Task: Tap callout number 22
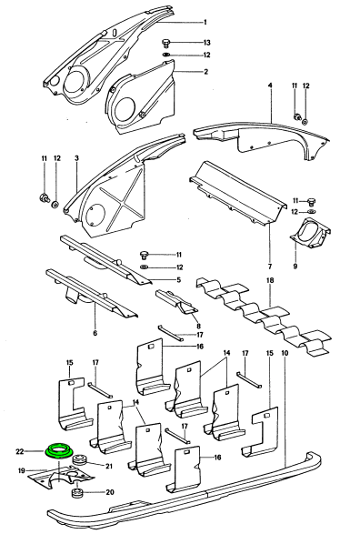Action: [20, 451]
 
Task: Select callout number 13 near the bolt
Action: [206, 43]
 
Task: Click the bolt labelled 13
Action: [166, 44]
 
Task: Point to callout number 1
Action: [205, 22]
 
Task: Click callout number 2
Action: [206, 72]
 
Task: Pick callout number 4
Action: [270, 86]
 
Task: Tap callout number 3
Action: [76, 158]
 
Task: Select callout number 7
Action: [270, 267]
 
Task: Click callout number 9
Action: [295, 267]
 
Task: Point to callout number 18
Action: [270, 280]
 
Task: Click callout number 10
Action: [285, 354]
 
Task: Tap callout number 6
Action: [95, 334]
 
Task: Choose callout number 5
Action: [178, 279]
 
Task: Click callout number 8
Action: [198, 326]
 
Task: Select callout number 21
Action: [109, 467]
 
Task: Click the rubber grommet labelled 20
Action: [77, 493]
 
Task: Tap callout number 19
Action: [22, 471]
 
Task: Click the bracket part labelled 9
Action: [310, 233]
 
